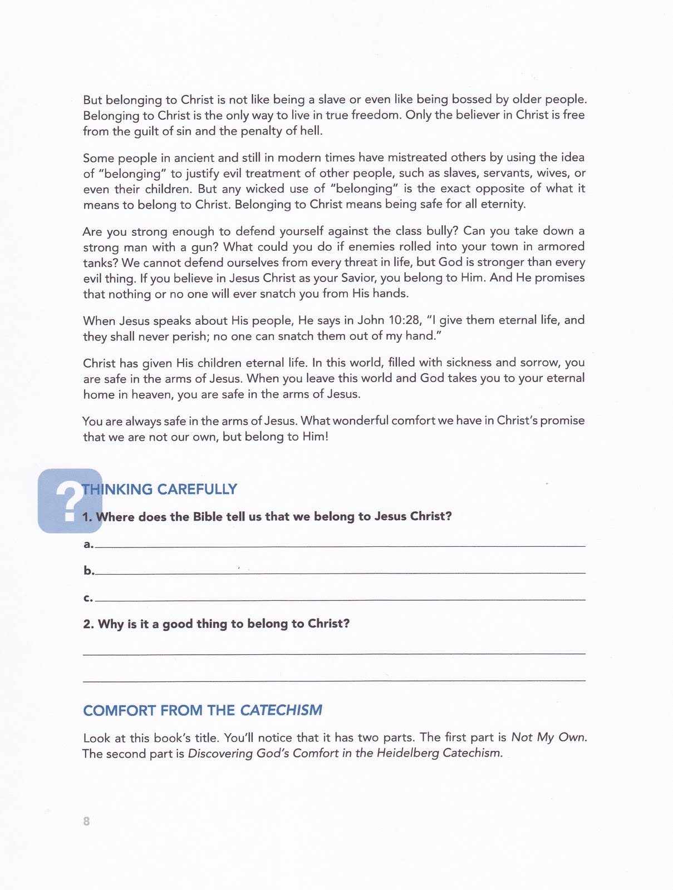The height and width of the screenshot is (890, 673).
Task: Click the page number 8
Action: pyautogui.click(x=86, y=821)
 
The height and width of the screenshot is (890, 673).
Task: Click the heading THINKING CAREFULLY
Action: pyautogui.click(x=160, y=489)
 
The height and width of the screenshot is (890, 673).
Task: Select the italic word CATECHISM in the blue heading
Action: pyautogui.click(x=281, y=710)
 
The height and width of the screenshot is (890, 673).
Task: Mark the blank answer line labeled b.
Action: pyautogui.click(x=340, y=572)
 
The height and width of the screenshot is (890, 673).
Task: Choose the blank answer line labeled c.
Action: pyautogui.click(x=340, y=599)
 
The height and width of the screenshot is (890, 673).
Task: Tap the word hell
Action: pyautogui.click(x=312, y=131)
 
